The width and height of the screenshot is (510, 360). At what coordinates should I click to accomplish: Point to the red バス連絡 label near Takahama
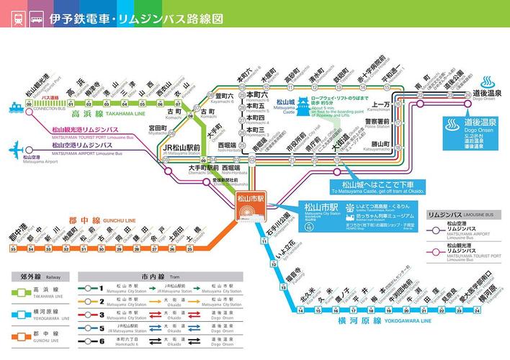coord(50,96)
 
